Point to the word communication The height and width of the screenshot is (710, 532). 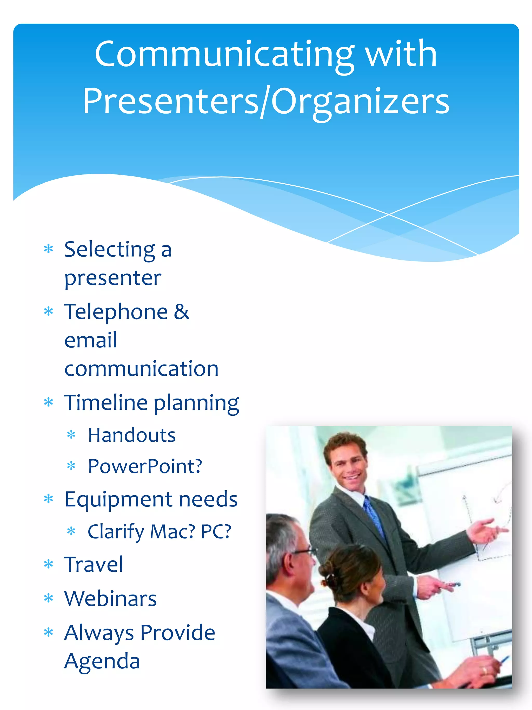pos(141,368)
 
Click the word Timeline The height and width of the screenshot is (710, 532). pos(105,402)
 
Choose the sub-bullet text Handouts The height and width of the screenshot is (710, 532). pos(131,435)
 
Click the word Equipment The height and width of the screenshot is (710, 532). pos(118,499)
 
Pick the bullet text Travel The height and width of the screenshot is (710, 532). pos(93,564)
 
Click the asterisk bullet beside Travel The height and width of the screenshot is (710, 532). pos(48,564)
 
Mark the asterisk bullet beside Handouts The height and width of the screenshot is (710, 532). pos(71,435)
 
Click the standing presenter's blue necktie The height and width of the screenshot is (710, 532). pos(374,517)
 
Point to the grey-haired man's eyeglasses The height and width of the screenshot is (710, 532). pos(305,552)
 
